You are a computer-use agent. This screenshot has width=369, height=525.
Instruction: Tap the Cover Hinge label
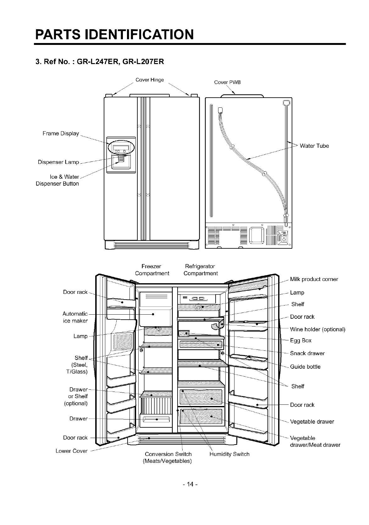coord(150,80)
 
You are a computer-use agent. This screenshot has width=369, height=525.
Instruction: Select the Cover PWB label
coord(227,82)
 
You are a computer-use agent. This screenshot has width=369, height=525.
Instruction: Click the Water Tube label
coord(314,146)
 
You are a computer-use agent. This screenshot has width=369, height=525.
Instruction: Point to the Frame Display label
coord(61,133)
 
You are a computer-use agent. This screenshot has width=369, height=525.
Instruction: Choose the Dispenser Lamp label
coord(58,162)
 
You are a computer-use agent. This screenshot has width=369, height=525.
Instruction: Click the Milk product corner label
coord(314,279)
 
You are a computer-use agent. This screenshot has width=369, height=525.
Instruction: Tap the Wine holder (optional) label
coord(317,329)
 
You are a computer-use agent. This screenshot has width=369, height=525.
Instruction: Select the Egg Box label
coord(301,340)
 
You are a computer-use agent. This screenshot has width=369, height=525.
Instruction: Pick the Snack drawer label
coord(307,353)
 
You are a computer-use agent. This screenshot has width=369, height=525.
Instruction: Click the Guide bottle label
coord(305,366)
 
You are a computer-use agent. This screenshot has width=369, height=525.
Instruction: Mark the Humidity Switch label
coord(229,454)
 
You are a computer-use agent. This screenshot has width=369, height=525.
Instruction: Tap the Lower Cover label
coord(71,451)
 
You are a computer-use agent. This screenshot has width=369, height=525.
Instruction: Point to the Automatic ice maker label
coord(75,317)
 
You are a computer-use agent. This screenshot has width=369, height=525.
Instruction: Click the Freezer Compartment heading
coord(152,270)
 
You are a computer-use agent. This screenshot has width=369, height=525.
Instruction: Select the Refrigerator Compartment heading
coord(201,270)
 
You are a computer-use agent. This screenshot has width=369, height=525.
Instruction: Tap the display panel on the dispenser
coord(121,149)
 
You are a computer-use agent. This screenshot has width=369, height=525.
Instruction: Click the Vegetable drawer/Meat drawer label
coord(315,441)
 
